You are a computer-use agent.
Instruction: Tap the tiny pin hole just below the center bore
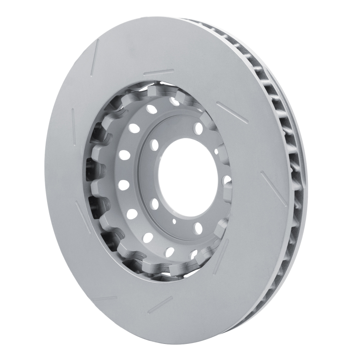[x=173, y=221]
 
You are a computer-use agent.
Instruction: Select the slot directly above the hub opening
[x=158, y=72]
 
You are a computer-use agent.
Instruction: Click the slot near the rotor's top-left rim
[x=95, y=58]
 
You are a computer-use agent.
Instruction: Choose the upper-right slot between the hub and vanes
[x=232, y=112]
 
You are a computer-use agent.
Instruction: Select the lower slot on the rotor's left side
[x=83, y=217]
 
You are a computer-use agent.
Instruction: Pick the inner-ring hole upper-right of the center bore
[x=198, y=129]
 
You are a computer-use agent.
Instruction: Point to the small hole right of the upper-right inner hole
[x=217, y=151]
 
